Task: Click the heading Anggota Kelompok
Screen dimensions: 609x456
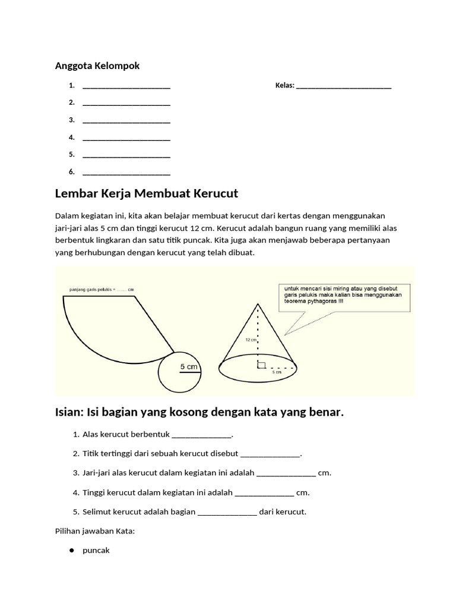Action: [x=97, y=66]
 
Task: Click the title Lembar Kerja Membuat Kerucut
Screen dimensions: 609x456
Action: [x=146, y=194]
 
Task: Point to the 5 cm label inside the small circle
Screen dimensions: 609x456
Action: [x=189, y=367]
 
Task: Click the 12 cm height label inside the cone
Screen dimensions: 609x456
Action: [x=250, y=340]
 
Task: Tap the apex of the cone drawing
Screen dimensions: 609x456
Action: [x=257, y=304]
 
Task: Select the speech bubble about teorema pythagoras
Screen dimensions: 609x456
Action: [x=343, y=297]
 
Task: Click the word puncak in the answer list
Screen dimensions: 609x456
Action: [x=96, y=551]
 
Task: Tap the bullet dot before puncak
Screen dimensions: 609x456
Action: [x=71, y=551]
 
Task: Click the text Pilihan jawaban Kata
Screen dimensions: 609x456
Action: [x=95, y=531]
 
